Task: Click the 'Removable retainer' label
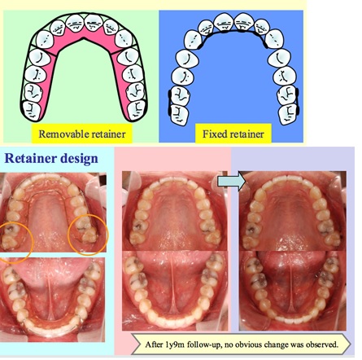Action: coord(82,134)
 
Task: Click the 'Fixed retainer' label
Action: coord(233,134)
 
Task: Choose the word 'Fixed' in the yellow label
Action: coord(213,134)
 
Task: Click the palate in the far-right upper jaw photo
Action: coord(292,217)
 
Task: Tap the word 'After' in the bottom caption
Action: coord(154,345)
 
